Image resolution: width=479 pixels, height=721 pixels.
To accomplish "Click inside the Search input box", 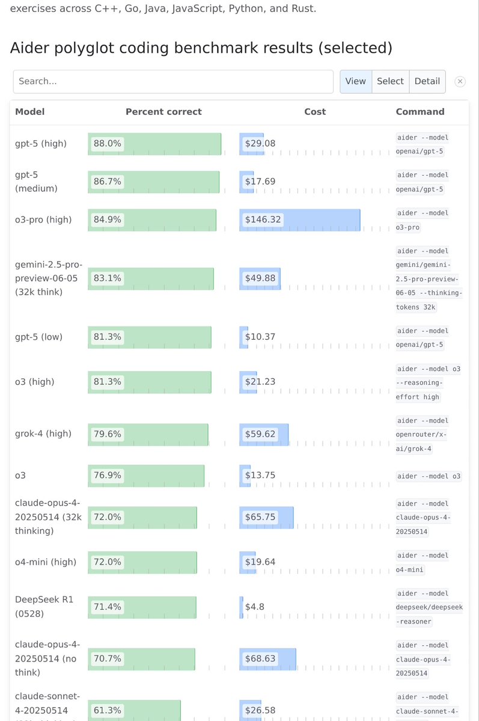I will click(173, 81).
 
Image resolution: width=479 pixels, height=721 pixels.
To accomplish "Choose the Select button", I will click(390, 81).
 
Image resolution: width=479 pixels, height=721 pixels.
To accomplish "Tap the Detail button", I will click(427, 81).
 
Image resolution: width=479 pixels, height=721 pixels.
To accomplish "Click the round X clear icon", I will click(460, 82).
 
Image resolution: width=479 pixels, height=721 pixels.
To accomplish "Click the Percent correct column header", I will click(163, 112).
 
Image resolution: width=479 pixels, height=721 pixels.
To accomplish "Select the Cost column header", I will click(315, 112).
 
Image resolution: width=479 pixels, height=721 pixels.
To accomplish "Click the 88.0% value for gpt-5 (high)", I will click(108, 144).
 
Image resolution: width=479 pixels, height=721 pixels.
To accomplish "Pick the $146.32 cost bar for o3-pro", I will click(299, 219).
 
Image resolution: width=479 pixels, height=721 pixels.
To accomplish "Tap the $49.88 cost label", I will click(260, 278).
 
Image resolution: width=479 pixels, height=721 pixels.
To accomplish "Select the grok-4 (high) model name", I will click(43, 434).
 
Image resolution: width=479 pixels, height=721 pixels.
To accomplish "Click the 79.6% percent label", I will click(108, 434).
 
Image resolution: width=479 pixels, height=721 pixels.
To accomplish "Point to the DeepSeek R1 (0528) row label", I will click(44, 607).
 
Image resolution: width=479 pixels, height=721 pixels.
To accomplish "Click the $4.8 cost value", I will click(255, 607).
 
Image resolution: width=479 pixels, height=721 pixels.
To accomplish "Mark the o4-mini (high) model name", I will click(46, 562).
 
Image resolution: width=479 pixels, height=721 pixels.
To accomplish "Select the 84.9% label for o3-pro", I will click(108, 219).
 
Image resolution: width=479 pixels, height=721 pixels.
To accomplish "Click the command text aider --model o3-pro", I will click(423, 220).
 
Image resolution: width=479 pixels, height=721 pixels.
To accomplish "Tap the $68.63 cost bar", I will click(267, 658).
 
